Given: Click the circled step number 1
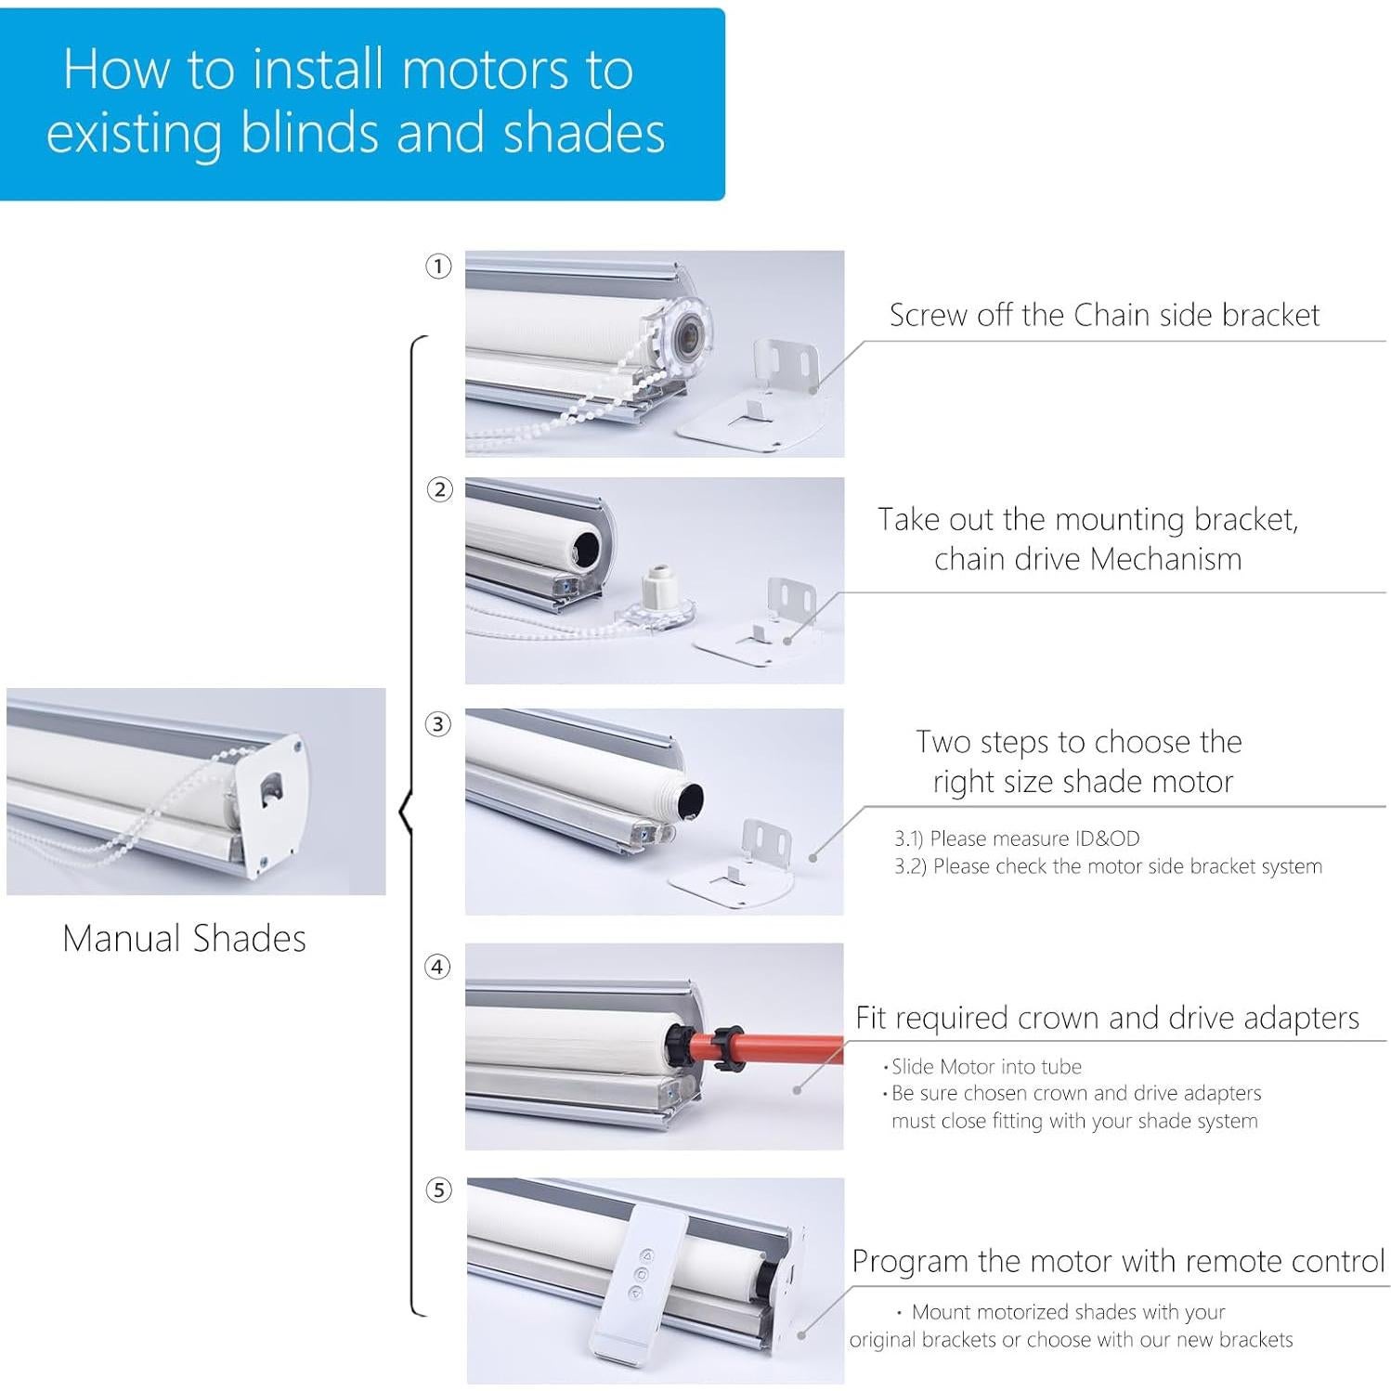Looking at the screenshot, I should pos(438,266).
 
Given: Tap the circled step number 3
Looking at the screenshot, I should pos(438,724).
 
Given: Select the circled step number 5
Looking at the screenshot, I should pos(438,1190).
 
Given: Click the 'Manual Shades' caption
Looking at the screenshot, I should pos(184,939).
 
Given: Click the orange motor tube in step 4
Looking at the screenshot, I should pos(780,1047).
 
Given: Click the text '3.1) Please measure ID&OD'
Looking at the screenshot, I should pos(1017,838).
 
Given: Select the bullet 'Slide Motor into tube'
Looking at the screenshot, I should pos(985,1067).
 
